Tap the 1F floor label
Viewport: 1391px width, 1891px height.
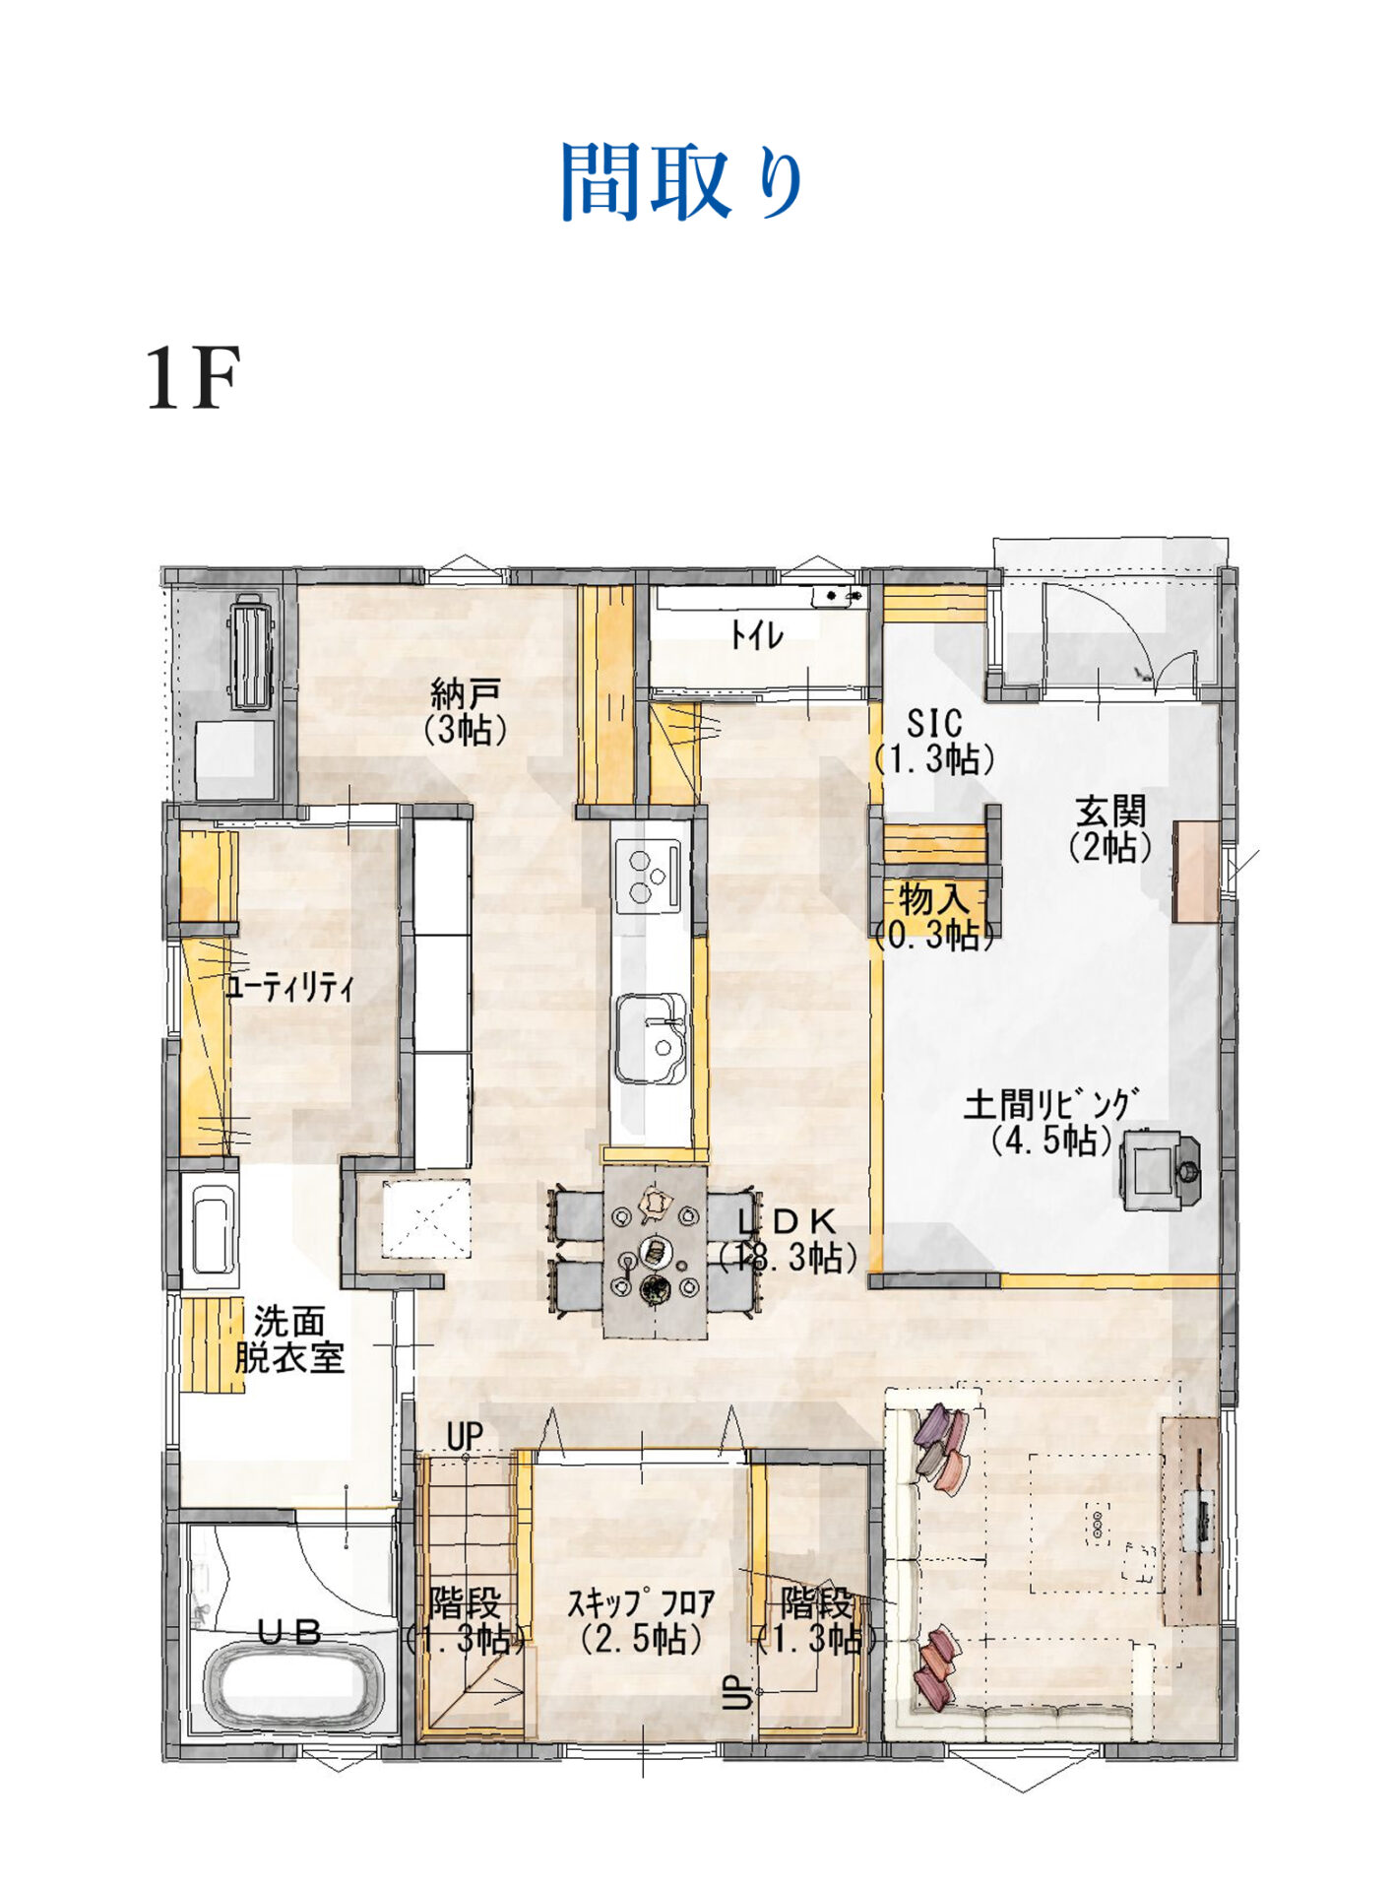tap(193, 378)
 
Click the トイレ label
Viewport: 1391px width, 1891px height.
tap(756, 635)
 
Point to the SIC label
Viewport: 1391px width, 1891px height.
tap(933, 724)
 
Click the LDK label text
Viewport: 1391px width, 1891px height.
tap(788, 1222)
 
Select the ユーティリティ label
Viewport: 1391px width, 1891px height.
tap(289, 987)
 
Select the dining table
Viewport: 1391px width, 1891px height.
tap(655, 1252)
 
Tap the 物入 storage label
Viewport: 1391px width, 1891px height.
tap(933, 899)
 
